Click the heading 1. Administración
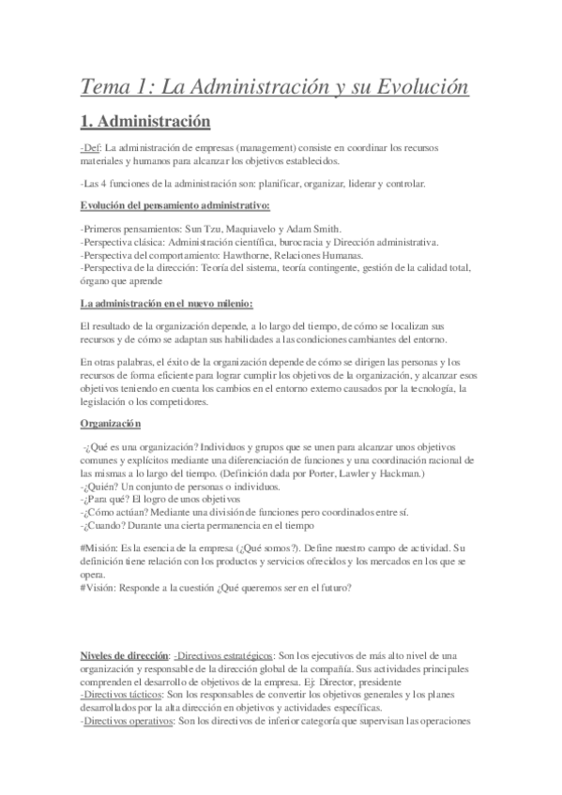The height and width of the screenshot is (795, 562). click(146, 122)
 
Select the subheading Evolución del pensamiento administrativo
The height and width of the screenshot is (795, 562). click(175, 204)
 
